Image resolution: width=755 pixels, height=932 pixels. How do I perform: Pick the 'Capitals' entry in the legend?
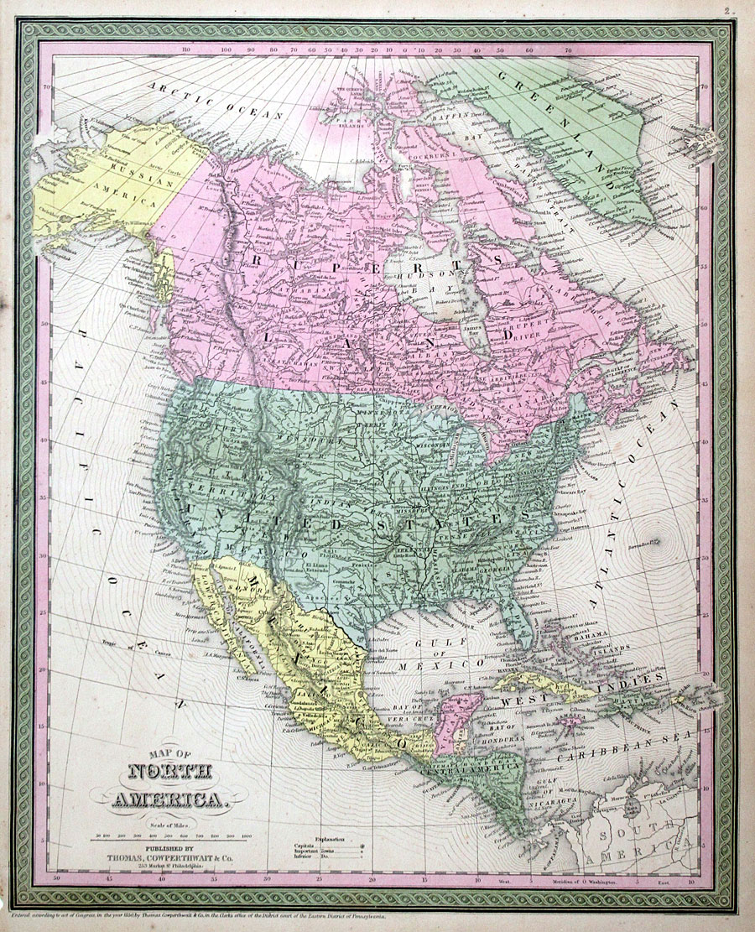pos(305,847)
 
